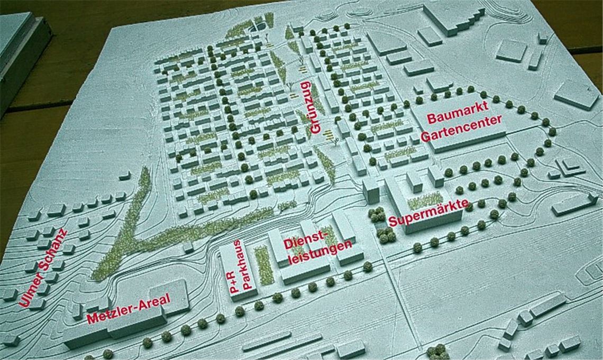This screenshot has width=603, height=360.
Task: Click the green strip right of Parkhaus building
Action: pos(263,264)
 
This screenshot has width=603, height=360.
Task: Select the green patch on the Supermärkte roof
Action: pos(425,200)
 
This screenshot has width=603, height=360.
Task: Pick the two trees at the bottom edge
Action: pos(437,351)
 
